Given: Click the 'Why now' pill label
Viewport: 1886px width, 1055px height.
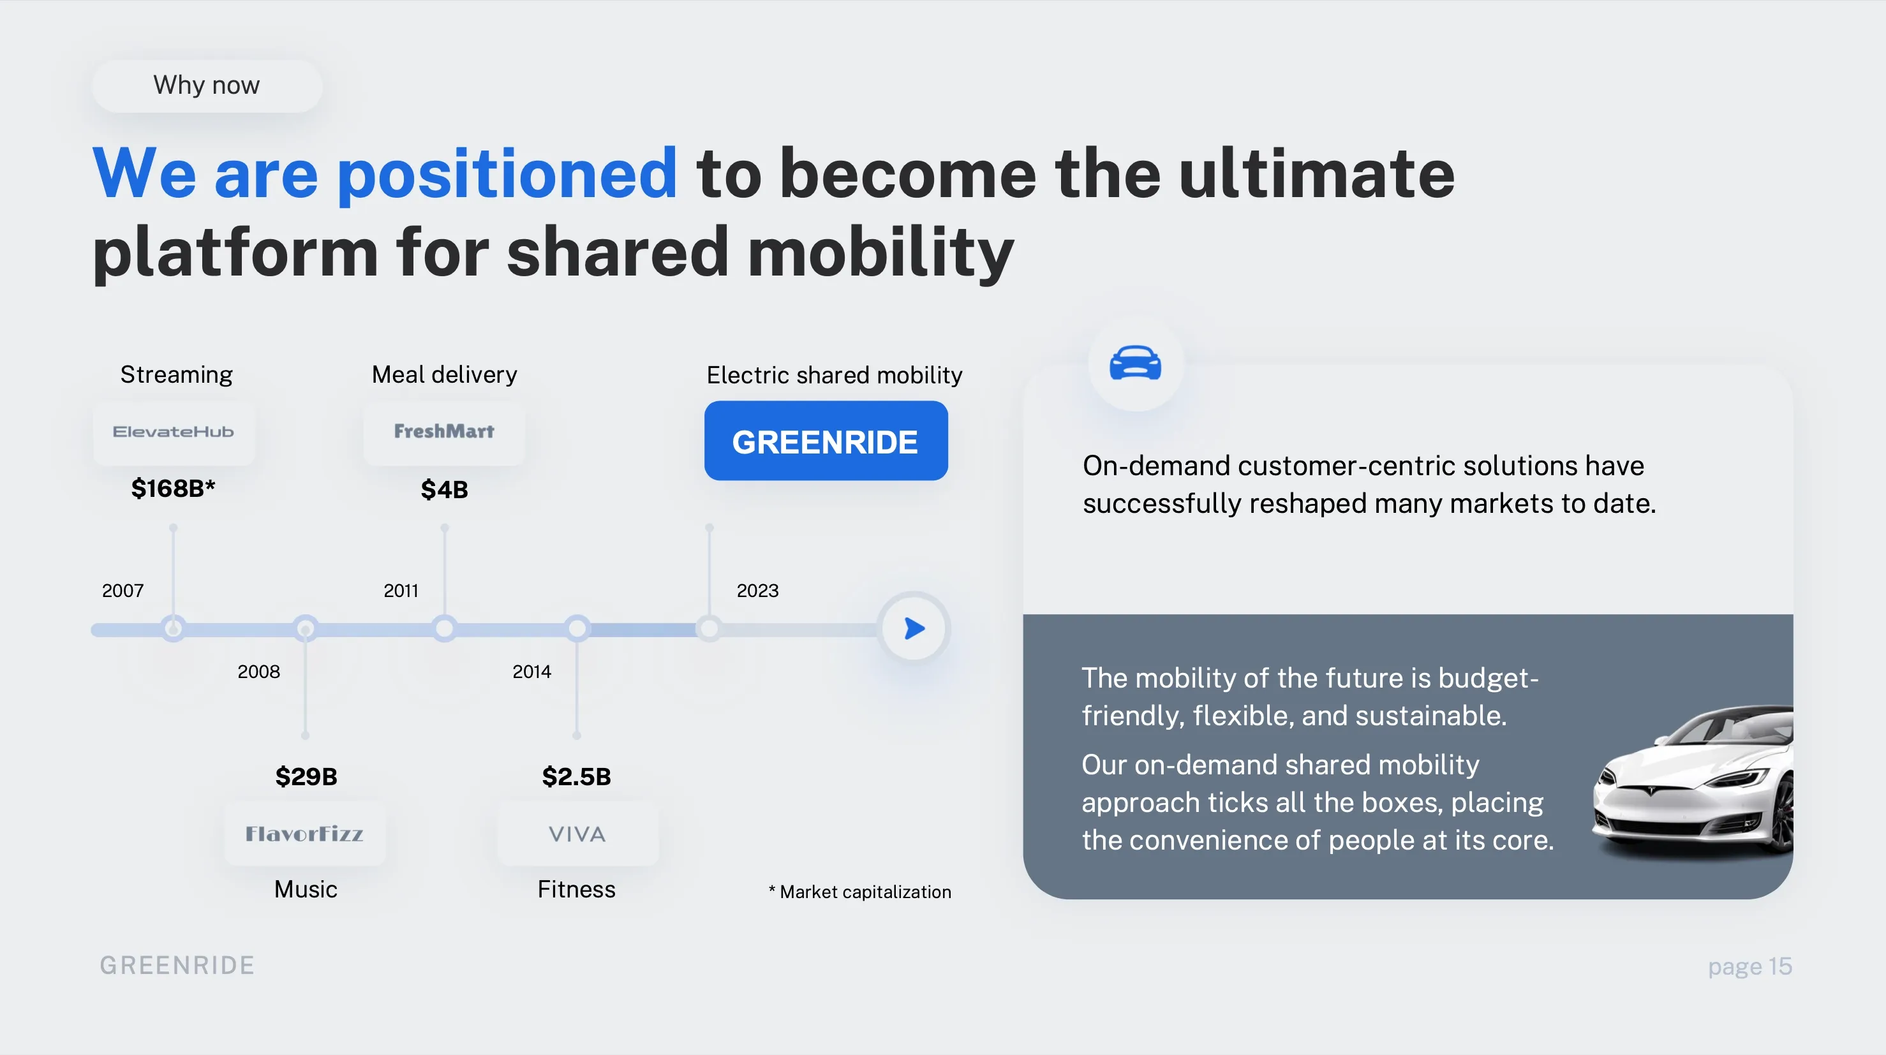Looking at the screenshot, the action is point(207,85).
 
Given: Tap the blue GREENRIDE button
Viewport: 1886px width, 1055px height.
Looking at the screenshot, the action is point(826,441).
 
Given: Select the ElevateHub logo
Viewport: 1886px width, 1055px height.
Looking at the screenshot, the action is point(174,432).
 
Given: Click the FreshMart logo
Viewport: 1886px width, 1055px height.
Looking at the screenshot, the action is point(445,432).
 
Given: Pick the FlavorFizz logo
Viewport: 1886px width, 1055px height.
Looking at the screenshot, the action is point(304,834).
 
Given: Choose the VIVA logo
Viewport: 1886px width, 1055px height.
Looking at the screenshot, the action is point(577,834).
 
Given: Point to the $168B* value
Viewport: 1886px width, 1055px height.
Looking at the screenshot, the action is point(174,489).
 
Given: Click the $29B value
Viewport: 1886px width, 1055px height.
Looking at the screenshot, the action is point(306,776).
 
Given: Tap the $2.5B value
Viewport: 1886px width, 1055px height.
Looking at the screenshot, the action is point(577,776).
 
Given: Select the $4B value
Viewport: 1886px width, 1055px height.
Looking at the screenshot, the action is point(445,489).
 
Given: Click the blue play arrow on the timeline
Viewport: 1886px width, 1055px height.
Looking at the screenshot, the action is point(914,628).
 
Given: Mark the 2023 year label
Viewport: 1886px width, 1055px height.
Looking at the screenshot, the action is point(758,591).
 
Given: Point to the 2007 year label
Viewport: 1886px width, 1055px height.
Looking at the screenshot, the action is point(123,591).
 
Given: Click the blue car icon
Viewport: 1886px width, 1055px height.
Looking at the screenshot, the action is point(1136,362).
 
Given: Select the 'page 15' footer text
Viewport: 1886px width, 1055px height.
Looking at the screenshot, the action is point(1750,966).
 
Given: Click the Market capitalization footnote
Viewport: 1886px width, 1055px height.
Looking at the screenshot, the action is point(860,892).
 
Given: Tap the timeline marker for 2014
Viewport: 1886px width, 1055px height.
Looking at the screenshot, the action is point(577,628).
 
